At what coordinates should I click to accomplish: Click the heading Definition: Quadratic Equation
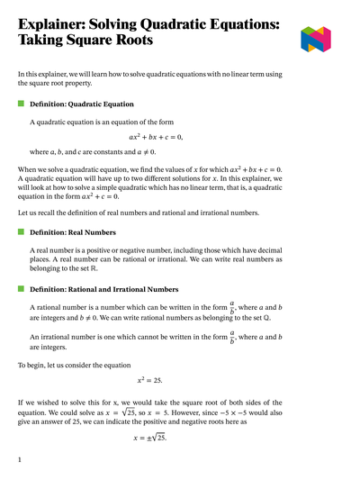[82, 104]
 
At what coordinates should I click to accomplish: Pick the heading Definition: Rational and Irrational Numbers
[109, 288]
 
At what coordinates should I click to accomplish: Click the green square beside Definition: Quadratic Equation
[22, 104]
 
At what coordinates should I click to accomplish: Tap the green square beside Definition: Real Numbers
[22, 232]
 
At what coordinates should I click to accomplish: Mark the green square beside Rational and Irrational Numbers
[22, 288]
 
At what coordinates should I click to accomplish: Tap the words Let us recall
[40, 212]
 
